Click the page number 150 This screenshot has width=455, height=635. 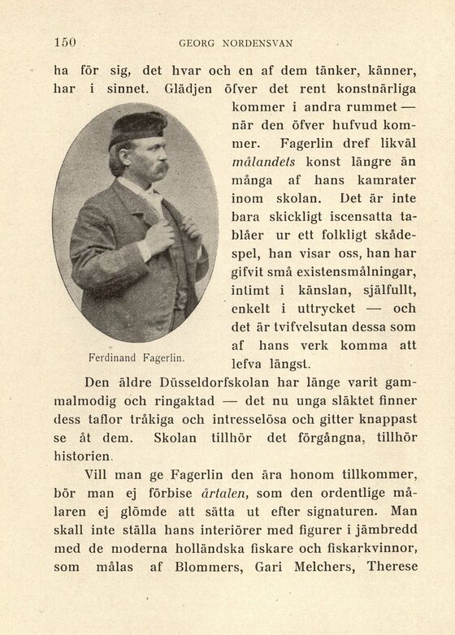[x=64, y=42]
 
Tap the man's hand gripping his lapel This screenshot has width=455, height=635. [x=159, y=236]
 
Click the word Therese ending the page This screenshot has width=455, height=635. [x=392, y=566]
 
